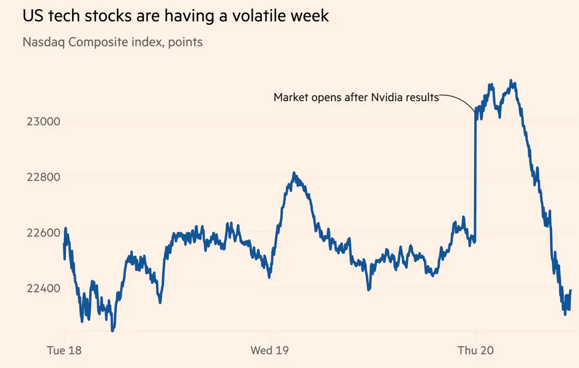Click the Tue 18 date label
click(x=64, y=351)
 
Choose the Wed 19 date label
click(x=270, y=351)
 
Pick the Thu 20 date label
click(x=476, y=351)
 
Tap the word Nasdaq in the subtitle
click(x=44, y=42)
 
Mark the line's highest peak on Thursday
click(x=511, y=81)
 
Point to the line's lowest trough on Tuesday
click(x=113, y=330)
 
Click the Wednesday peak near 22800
click(x=294, y=174)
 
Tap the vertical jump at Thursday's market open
click(x=475, y=175)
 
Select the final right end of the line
click(x=571, y=291)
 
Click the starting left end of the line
click(x=64, y=244)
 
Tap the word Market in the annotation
click(x=290, y=97)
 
